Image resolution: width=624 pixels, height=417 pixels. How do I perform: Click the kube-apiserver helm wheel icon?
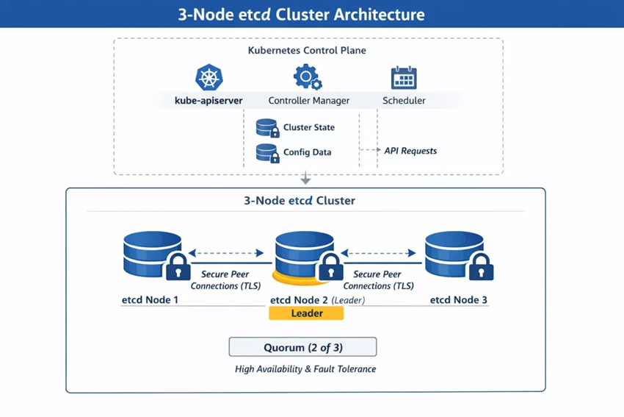[x=209, y=78]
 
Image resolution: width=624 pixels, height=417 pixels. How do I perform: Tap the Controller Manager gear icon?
[x=308, y=77]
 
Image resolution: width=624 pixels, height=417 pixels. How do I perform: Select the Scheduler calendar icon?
[x=404, y=78]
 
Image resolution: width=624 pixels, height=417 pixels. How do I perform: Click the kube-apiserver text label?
[x=208, y=100]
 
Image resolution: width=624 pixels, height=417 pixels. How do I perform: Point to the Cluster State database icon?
[x=267, y=128]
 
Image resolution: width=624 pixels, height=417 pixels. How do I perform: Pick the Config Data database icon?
[x=267, y=153]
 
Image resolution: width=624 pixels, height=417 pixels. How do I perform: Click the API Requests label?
[x=410, y=151]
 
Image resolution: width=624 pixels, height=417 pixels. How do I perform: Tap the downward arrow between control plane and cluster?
[x=305, y=179]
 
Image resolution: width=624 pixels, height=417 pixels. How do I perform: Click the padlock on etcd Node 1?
[x=178, y=268]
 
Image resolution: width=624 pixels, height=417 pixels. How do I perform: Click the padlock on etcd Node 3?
[x=481, y=268]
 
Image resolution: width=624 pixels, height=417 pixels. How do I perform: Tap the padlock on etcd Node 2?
[x=330, y=268]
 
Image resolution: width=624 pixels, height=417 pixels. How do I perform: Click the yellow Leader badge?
[x=306, y=313]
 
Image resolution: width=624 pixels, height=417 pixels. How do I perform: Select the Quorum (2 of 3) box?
[x=302, y=347]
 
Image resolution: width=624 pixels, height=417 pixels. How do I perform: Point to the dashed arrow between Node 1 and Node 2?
[x=226, y=253]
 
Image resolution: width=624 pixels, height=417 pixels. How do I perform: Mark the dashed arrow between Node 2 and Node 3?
[x=378, y=253]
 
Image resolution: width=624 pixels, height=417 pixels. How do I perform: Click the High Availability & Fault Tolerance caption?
[x=305, y=369]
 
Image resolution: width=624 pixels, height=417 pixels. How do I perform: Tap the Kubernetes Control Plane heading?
[x=307, y=51]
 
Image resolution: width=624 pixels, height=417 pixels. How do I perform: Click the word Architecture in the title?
[x=376, y=14]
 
